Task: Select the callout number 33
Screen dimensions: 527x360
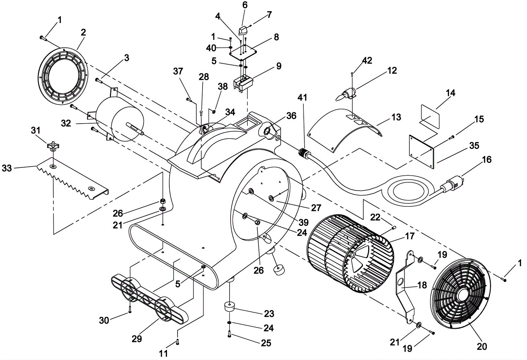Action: coord(7,168)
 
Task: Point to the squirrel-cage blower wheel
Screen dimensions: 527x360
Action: coord(350,254)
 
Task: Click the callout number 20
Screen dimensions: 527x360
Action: coord(482,346)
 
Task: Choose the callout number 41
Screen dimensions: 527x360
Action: coord(302,98)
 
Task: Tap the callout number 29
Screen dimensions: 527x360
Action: coord(137,339)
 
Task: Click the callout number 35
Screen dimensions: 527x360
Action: coord(474,146)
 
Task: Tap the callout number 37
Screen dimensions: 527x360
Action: coord(178,71)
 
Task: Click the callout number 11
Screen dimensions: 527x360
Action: coord(163,353)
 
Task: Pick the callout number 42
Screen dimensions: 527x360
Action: coord(367,61)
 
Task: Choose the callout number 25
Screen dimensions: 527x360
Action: coord(266,343)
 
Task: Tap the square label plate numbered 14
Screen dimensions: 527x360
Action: coord(430,116)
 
